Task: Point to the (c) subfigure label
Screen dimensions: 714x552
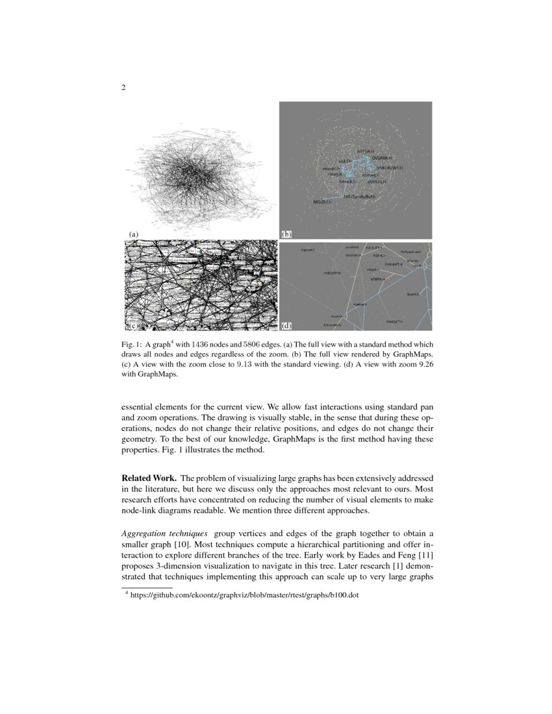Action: tap(133, 324)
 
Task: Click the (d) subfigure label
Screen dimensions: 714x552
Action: tap(286, 324)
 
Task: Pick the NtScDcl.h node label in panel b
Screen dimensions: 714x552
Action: tap(322, 202)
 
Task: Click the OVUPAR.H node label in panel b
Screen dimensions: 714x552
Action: tap(382, 158)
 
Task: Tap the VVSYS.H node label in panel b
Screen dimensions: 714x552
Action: tap(377, 182)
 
